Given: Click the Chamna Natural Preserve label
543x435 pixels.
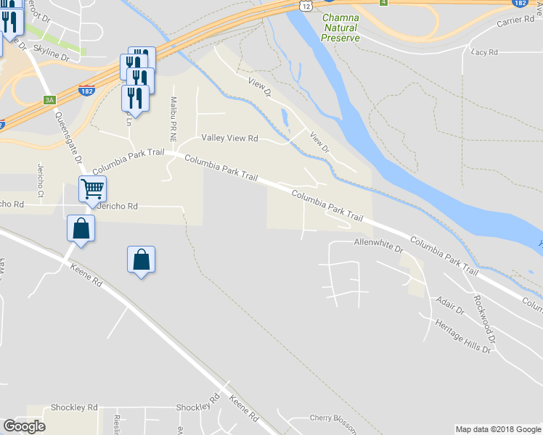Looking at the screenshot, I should click(x=340, y=27).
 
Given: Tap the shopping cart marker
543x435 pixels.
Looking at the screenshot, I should click(x=93, y=189).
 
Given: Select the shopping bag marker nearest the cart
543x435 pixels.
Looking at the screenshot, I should click(x=81, y=230).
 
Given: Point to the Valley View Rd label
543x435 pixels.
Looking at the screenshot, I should click(x=229, y=138).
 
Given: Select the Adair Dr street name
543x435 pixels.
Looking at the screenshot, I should click(x=449, y=304).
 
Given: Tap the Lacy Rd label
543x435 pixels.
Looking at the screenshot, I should click(x=484, y=52).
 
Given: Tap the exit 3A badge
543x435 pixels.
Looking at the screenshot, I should click(x=49, y=100).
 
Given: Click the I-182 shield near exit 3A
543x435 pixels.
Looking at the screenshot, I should click(x=86, y=91).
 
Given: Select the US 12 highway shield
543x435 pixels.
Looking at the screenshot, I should click(x=307, y=6).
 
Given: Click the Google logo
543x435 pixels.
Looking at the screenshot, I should click(x=24, y=426).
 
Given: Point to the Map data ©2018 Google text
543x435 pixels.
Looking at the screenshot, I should click(x=497, y=429).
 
